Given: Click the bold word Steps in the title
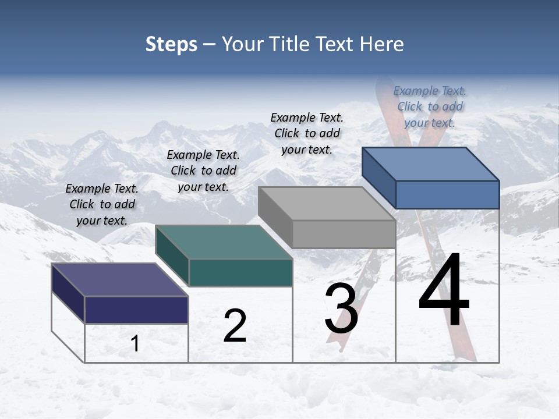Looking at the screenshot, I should click(x=171, y=44).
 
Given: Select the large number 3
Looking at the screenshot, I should click(x=341, y=308).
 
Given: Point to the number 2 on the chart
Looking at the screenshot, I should click(x=235, y=326).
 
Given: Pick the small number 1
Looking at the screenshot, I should click(x=135, y=343).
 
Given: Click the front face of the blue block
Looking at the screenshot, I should click(x=447, y=194).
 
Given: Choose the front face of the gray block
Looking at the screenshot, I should click(x=344, y=234).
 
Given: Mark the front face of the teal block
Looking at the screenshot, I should click(x=240, y=272).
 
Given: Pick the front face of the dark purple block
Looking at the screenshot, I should click(x=136, y=310).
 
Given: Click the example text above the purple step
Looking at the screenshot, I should click(x=102, y=204).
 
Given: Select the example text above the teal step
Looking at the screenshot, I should click(x=203, y=171).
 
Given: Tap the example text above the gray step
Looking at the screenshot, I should click(x=307, y=133).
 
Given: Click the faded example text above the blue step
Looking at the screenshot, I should click(x=430, y=106).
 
